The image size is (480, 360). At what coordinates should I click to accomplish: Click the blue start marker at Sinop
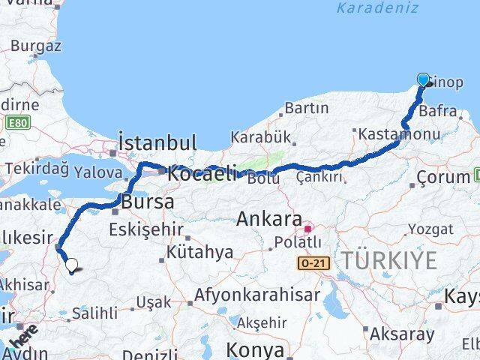click(x=423, y=80)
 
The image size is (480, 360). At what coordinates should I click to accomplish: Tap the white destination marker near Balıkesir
click(x=71, y=264)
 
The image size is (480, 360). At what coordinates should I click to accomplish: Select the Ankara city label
click(x=268, y=219)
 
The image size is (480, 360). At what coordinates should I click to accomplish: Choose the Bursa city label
click(x=148, y=202)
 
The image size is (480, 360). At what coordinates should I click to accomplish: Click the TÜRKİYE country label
click(x=388, y=261)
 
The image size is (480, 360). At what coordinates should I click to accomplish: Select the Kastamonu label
click(x=399, y=133)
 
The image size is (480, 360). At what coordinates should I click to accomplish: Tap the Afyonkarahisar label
click(x=257, y=295)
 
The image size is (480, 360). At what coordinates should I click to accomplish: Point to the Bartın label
click(x=307, y=109)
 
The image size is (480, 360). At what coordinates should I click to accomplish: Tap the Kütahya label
click(x=200, y=252)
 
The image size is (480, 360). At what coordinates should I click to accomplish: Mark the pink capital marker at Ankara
click(x=307, y=223)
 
